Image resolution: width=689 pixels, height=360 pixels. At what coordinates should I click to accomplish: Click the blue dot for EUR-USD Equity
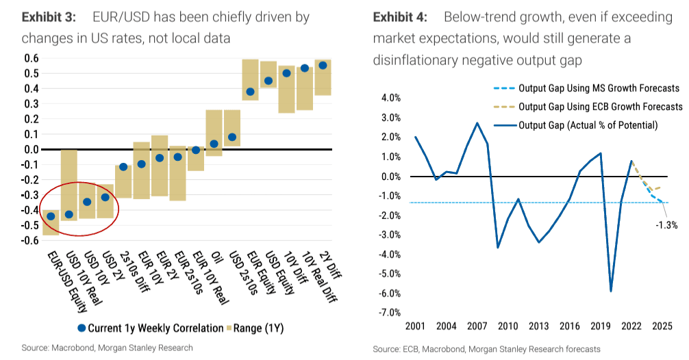click(x=50, y=216)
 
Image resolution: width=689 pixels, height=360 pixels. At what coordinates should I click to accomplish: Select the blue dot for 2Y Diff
click(x=323, y=65)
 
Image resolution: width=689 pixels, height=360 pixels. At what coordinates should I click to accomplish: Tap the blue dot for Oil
click(x=214, y=144)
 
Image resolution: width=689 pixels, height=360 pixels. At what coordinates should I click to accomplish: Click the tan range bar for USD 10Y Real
click(x=68, y=185)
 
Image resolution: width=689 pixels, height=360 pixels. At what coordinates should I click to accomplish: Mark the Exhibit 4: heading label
click(x=401, y=16)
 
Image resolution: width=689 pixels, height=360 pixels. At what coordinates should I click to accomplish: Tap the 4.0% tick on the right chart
click(x=390, y=98)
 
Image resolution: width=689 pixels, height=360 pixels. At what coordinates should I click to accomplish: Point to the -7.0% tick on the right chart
click(x=388, y=313)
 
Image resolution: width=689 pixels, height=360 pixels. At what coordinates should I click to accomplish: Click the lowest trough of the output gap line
click(x=610, y=291)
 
